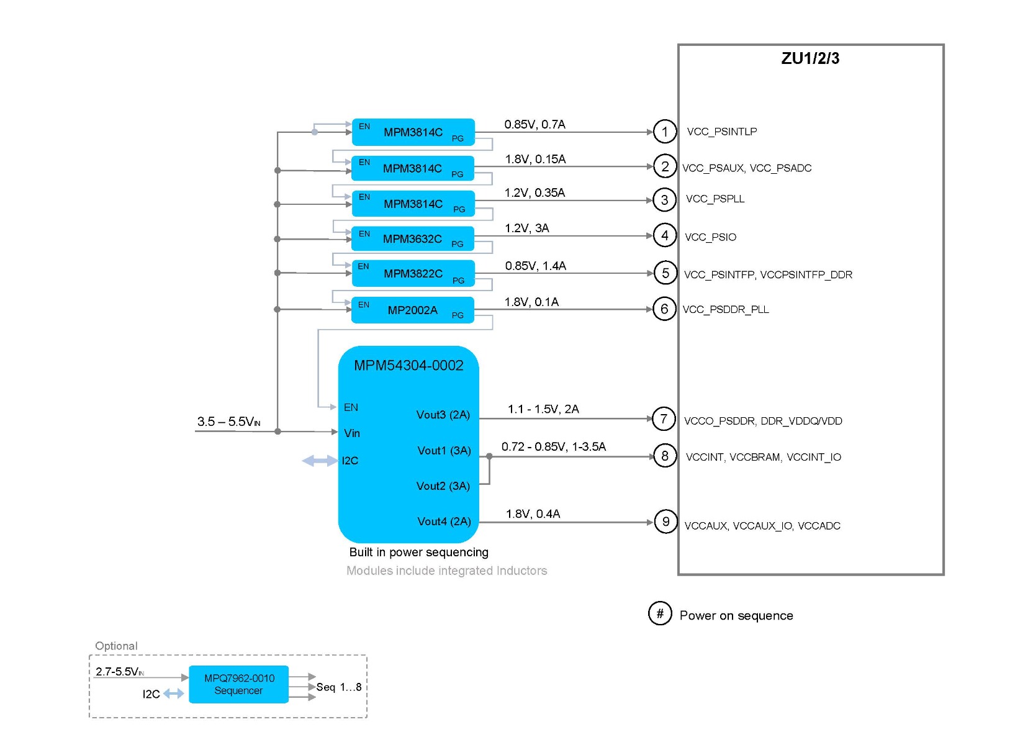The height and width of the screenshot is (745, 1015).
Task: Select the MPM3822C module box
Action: [413, 273]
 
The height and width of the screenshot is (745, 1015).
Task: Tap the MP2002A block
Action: [412, 310]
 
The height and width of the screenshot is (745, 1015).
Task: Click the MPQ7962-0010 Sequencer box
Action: [239, 684]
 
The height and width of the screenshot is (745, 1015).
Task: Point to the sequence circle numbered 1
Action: [665, 132]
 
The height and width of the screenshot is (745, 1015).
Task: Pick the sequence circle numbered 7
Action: [664, 418]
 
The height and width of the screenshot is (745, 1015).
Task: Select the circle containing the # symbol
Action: [660, 613]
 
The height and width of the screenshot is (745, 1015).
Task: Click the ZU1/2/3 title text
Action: [810, 58]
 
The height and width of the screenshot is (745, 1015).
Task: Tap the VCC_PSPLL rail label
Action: [715, 199]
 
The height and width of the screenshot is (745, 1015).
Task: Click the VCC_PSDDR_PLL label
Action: [726, 310]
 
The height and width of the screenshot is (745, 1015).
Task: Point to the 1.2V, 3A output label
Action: [527, 228]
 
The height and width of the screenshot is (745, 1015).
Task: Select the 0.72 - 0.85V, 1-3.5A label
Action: [553, 446]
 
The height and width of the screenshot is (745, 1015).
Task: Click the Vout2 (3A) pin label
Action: [443, 485]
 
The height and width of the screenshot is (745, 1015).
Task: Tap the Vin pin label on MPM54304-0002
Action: [352, 433]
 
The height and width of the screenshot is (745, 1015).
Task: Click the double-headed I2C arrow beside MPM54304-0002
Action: [320, 461]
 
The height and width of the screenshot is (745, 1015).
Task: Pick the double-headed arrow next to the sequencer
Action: [174, 693]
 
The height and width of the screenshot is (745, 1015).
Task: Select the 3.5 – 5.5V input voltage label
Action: [229, 422]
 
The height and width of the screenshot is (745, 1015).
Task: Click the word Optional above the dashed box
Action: [116, 646]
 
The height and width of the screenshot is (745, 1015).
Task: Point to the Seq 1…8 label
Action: [339, 687]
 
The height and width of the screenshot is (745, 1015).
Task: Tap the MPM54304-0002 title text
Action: [408, 365]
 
